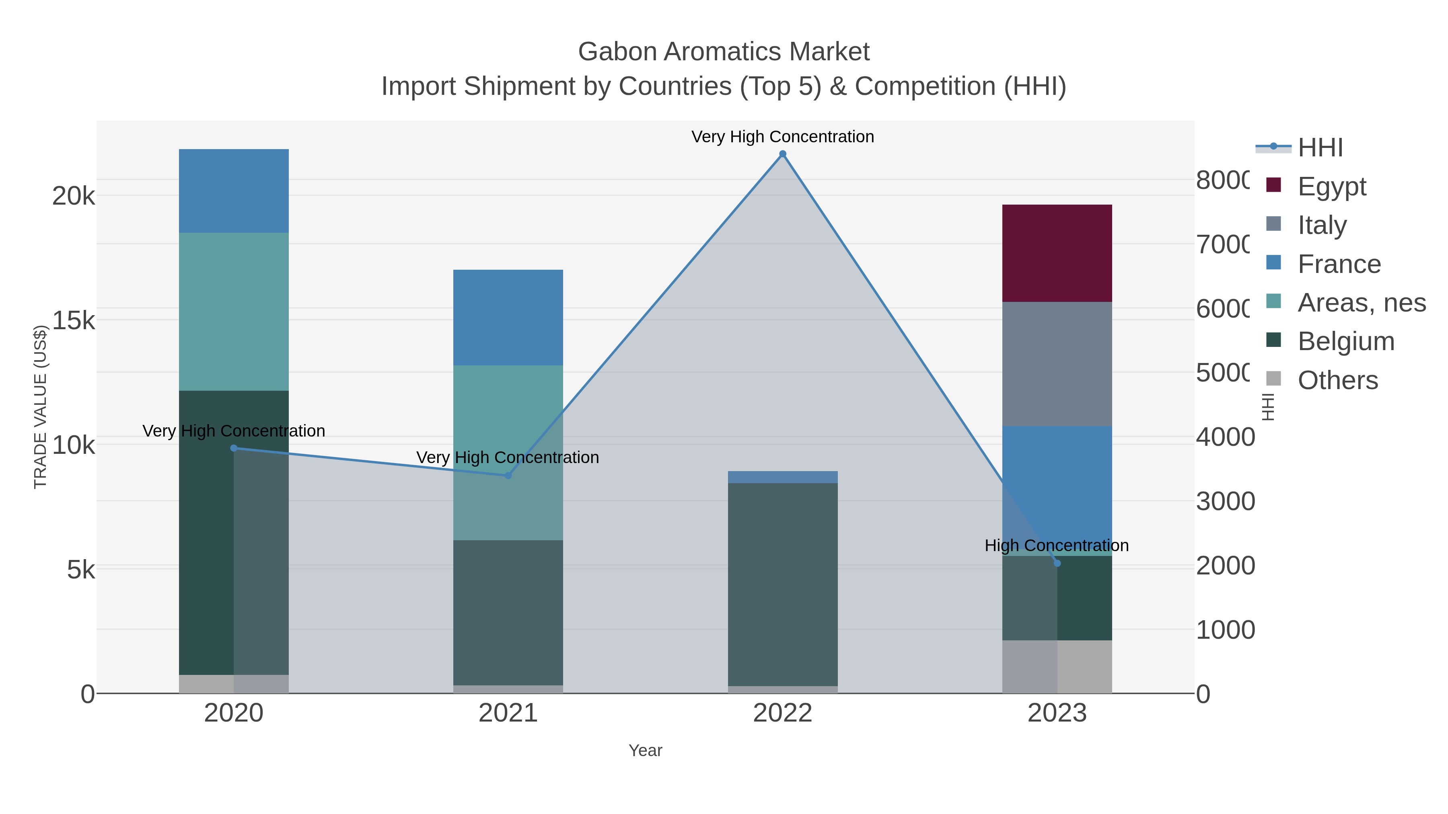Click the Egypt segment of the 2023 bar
click(1057, 253)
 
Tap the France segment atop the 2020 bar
click(234, 191)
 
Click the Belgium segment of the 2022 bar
click(782, 584)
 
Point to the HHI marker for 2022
click(782, 154)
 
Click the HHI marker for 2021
click(508, 475)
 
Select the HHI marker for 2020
click(234, 448)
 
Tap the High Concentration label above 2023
click(1057, 545)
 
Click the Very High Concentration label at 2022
click(782, 137)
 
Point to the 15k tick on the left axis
click(73, 321)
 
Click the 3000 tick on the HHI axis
click(1224, 501)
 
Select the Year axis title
click(645, 750)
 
